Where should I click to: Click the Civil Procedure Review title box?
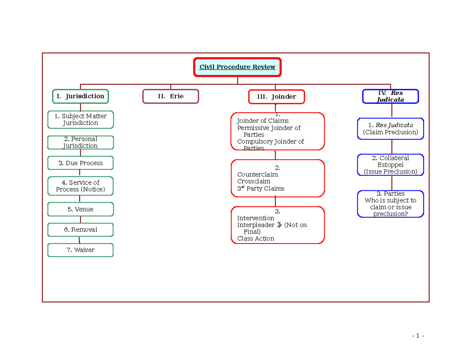237,67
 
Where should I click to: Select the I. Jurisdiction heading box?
80,96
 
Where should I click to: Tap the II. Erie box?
171,96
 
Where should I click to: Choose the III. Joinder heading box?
276,97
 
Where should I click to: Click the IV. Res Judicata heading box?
390,96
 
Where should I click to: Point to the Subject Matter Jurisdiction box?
81,120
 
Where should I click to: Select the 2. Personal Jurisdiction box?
81,142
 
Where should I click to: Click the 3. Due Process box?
81,163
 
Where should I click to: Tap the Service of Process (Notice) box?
81,186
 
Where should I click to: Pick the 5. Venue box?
81,209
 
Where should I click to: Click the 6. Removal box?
81,230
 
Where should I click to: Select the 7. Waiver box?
81,250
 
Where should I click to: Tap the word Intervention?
256,218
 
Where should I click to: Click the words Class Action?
256,238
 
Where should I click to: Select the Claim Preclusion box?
390,129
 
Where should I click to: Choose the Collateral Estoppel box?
390,165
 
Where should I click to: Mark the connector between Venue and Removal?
80,219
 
